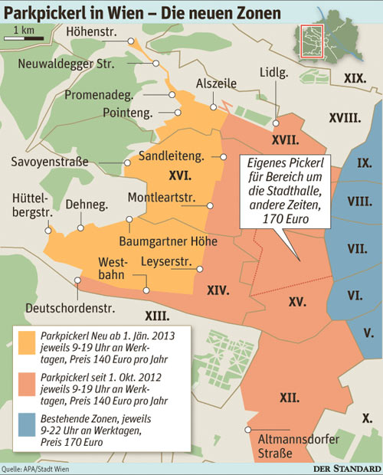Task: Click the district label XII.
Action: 289,397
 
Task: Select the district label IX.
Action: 365,162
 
